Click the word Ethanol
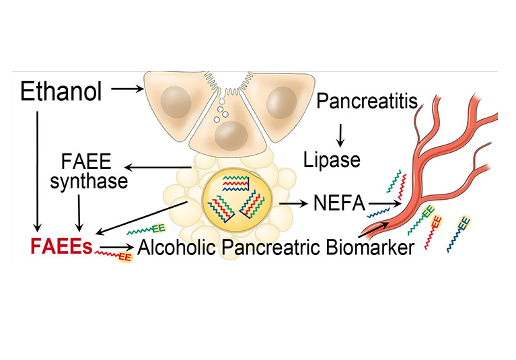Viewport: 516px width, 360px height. (x=61, y=91)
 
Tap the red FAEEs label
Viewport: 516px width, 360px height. (x=61, y=246)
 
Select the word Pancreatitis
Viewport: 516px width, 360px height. (x=367, y=101)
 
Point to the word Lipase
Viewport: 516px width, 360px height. (x=332, y=160)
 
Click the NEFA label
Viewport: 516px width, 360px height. (x=339, y=203)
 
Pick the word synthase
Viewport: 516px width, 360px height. (x=89, y=182)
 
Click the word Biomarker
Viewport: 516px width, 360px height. (x=370, y=248)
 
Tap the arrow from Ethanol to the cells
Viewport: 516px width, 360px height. (x=127, y=89)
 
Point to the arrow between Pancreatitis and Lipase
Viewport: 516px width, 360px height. (x=340, y=135)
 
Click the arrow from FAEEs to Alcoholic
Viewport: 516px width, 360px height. (x=118, y=246)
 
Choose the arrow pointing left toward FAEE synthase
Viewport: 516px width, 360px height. (x=158, y=168)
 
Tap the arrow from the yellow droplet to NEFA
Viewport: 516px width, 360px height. (x=293, y=204)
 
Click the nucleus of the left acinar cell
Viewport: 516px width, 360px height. (x=176, y=102)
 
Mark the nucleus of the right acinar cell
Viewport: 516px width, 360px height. (x=281, y=103)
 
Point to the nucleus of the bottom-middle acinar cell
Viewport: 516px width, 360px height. (x=231, y=135)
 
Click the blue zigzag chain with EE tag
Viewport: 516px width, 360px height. (x=459, y=234)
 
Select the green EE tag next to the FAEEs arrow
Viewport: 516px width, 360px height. (x=159, y=227)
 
